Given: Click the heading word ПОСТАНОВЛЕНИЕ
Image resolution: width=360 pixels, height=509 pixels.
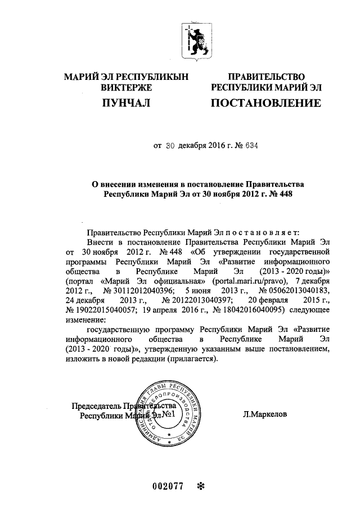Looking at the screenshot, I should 265,103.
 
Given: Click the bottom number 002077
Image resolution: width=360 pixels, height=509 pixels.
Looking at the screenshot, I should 168,487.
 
